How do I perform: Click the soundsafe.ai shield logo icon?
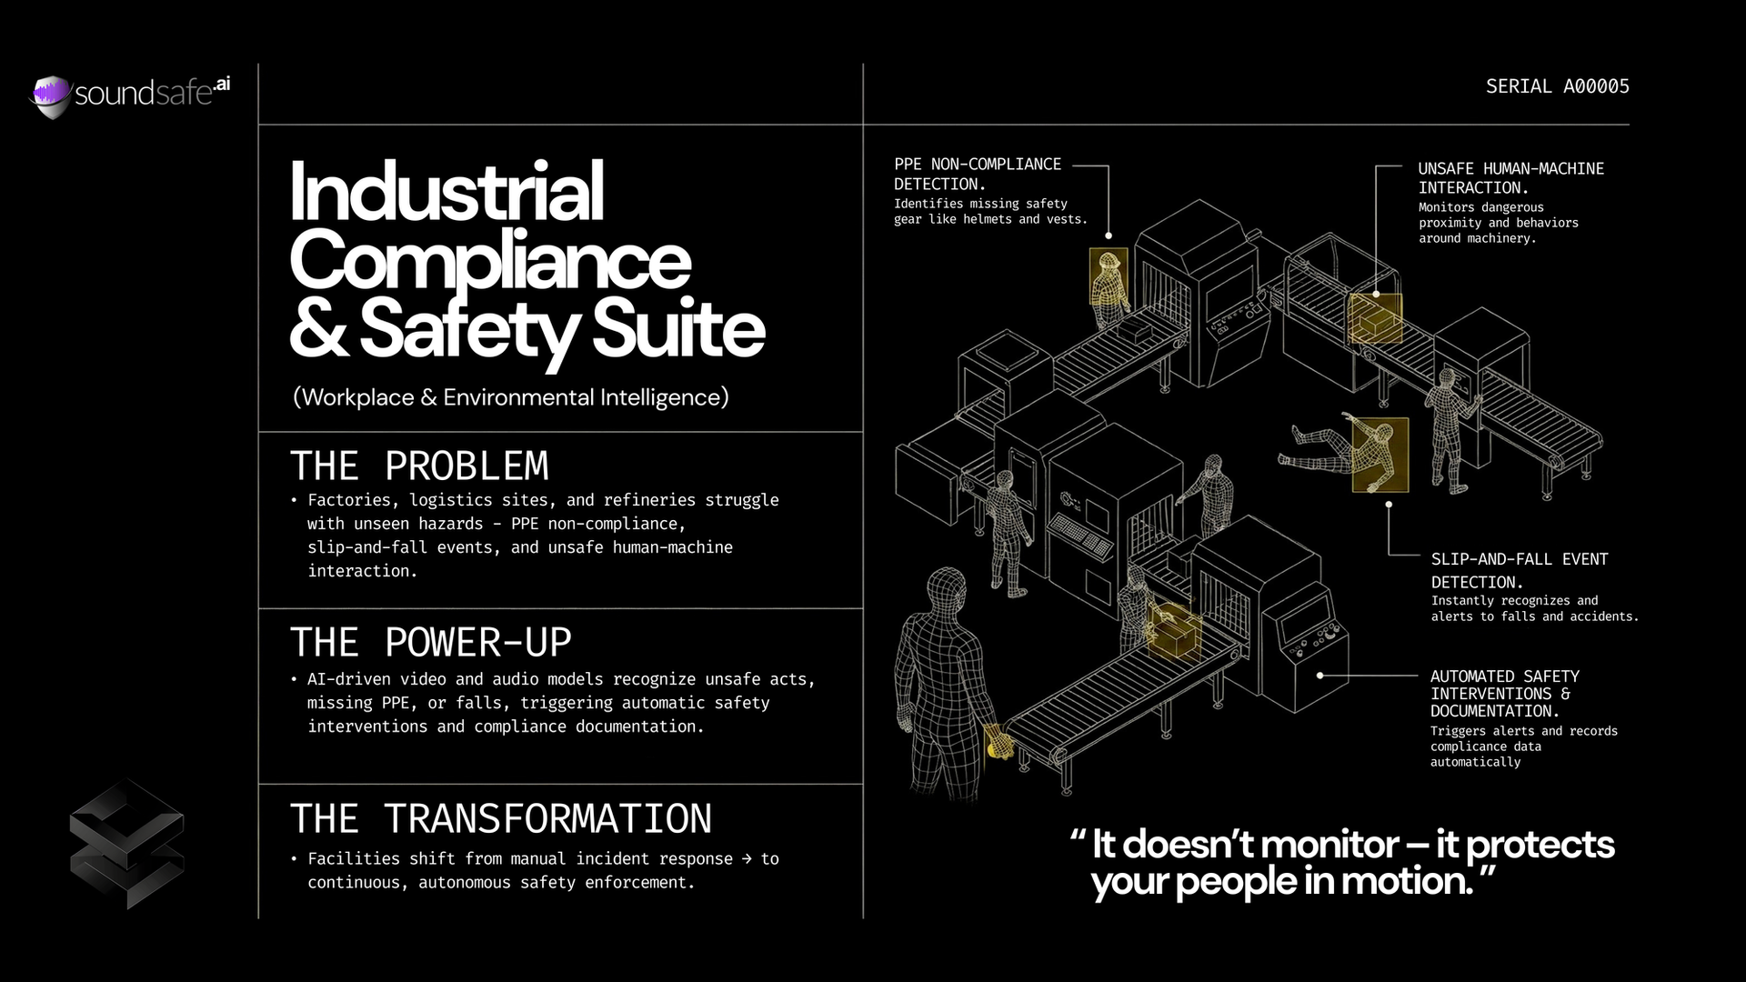[51, 95]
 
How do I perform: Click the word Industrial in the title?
[447, 192]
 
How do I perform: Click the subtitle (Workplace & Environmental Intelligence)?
[510, 397]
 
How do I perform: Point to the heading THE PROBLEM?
[419, 466]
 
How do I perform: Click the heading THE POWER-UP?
[430, 643]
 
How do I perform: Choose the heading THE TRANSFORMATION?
[500, 818]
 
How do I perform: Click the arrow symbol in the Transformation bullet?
[747, 858]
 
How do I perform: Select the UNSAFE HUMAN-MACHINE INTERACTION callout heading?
[1510, 178]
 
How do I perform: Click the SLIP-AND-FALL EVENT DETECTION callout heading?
[1519, 570]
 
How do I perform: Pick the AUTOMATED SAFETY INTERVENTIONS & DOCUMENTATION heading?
[1504, 693]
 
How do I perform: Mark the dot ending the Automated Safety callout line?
[1320, 676]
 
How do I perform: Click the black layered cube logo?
[126, 844]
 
